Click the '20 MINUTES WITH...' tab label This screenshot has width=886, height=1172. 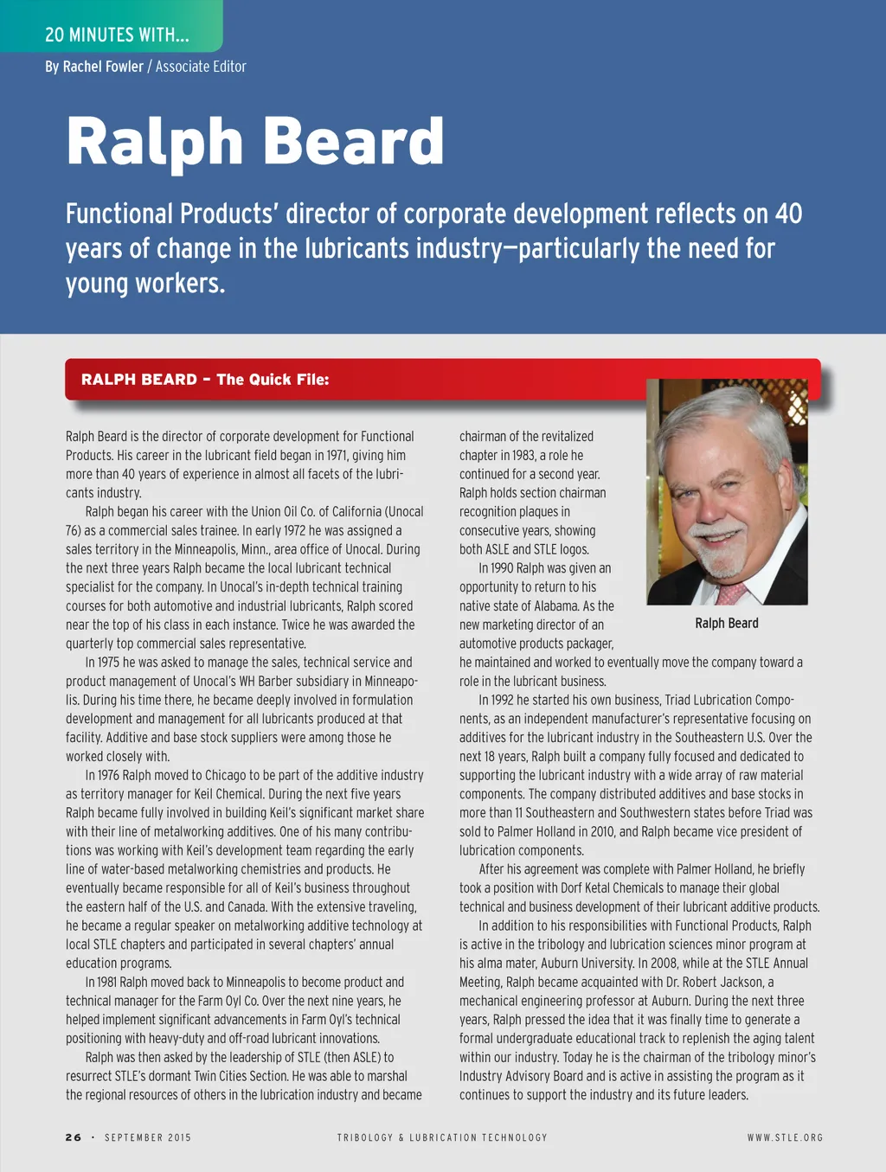point(117,35)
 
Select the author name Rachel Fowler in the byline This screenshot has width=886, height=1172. point(103,67)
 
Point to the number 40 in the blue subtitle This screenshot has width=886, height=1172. point(787,214)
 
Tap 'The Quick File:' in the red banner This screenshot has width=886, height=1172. point(273,380)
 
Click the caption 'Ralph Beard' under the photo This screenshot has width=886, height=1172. point(727,624)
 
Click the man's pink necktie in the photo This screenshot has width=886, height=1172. point(731,592)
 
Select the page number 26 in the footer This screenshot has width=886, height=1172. point(74,1137)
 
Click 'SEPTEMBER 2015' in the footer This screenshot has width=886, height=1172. point(148,1137)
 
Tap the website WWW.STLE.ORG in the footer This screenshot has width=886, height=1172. point(785,1137)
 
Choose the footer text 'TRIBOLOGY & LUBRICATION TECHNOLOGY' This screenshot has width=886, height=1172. point(442,1137)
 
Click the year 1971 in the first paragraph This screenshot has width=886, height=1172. point(342,456)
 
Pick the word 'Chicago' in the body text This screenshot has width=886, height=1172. point(218,775)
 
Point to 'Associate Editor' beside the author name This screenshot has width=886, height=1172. point(201,67)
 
